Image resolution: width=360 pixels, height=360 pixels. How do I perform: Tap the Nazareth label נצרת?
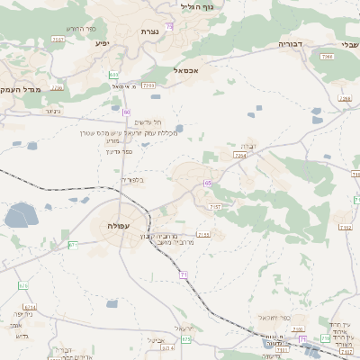(149, 31)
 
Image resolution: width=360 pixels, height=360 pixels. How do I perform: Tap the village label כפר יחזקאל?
(271, 319)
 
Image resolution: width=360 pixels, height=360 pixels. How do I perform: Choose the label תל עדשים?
(148, 121)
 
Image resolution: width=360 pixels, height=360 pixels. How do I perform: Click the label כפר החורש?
(85, 29)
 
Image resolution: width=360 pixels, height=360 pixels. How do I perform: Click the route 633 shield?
(113, 75)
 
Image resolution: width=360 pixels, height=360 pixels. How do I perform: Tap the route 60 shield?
(126, 112)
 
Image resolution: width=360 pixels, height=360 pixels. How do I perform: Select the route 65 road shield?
(208, 183)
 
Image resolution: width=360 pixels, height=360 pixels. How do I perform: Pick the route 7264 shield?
(239, 156)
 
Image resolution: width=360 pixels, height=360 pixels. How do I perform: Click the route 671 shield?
(73, 245)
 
